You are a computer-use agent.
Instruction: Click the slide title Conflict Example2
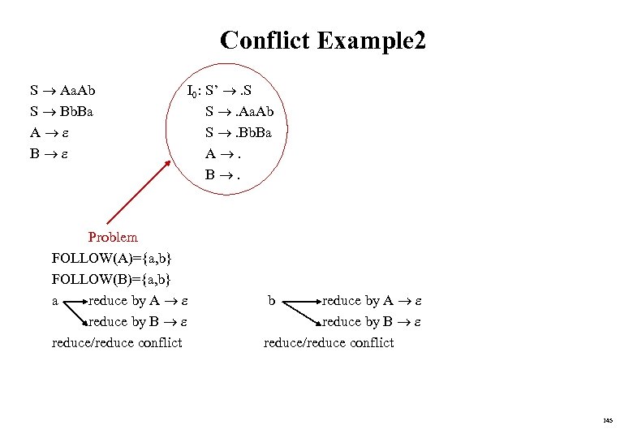[x=322, y=41]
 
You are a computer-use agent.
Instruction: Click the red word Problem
[x=113, y=238]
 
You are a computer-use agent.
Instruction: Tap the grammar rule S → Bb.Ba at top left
[x=62, y=111]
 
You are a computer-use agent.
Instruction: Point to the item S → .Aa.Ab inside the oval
[x=244, y=111]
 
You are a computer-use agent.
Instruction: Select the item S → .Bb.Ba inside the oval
[x=243, y=131]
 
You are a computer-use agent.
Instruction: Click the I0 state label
[x=193, y=92]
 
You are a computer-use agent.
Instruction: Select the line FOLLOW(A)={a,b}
[x=111, y=259]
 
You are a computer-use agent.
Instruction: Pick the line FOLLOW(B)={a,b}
[x=111, y=280]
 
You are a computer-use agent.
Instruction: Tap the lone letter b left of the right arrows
[x=273, y=301]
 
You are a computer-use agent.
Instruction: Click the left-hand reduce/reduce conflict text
[x=117, y=342]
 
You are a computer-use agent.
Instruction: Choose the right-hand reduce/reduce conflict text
[x=329, y=342]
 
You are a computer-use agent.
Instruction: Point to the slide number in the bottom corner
[x=608, y=420]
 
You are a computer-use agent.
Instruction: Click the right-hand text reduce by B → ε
[x=372, y=322]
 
